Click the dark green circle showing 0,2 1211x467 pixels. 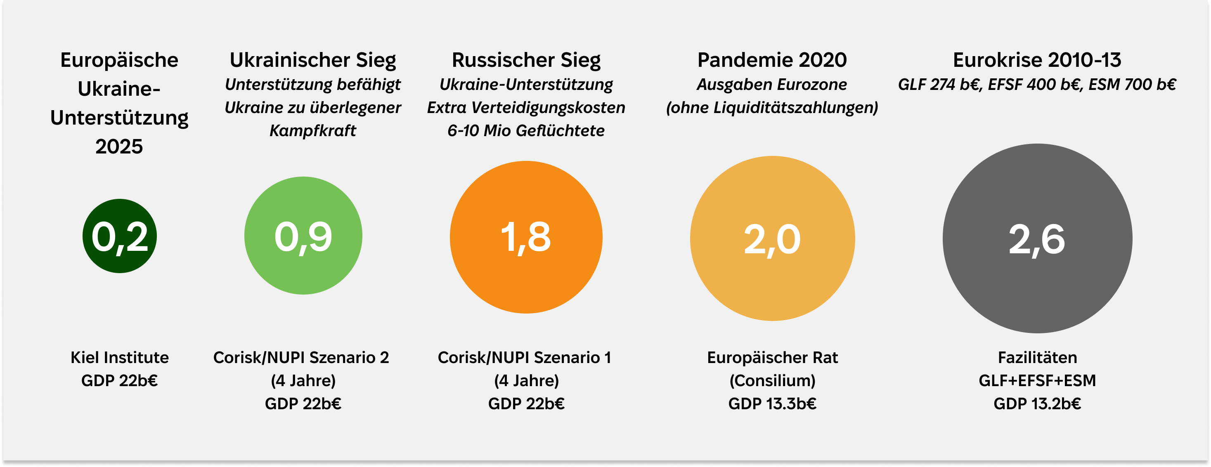point(119,236)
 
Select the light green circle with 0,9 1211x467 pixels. point(303,236)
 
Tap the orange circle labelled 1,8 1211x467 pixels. point(526,237)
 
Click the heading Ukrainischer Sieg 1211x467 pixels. point(312,60)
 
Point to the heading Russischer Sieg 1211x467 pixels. point(526,60)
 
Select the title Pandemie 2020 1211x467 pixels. point(772,60)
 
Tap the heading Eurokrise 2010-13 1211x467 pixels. point(1037,60)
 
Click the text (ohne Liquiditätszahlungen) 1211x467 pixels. point(772,108)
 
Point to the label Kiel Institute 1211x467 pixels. point(119,358)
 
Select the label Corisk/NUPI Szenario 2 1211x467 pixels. point(301,358)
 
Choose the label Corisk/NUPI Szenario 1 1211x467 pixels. point(524,358)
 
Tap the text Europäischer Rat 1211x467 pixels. point(772,358)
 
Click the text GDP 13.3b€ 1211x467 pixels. point(772,403)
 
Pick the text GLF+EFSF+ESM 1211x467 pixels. point(1037,380)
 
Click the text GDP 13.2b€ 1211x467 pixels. point(1037,403)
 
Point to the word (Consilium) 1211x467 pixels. point(772,380)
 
